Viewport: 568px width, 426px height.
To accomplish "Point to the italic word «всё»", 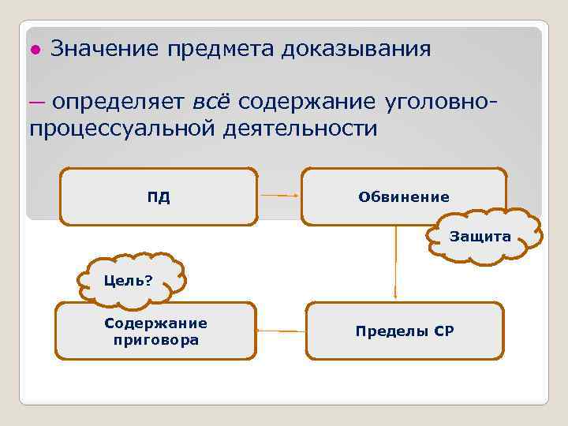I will click(211, 103).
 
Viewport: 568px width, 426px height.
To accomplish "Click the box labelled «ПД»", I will click(159, 197).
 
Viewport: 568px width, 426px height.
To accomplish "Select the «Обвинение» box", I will click(403, 196).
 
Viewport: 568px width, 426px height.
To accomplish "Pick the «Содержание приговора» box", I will click(155, 332).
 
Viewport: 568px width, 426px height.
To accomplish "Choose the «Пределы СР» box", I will click(404, 332).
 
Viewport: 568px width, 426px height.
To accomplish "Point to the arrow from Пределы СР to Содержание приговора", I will click(281, 331).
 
